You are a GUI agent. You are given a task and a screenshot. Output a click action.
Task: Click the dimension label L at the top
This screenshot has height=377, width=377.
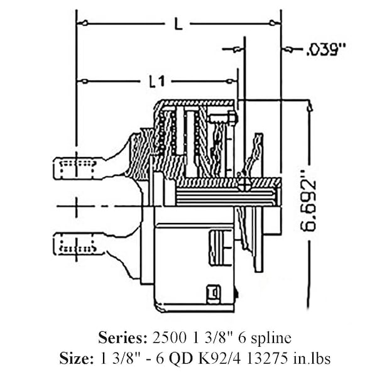(178, 24)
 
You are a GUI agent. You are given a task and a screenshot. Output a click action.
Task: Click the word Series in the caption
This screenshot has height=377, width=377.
(123, 338)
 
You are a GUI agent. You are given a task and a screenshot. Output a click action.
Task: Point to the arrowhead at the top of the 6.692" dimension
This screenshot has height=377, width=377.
(309, 107)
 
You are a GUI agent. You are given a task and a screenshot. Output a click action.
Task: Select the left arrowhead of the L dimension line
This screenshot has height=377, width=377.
(81, 23)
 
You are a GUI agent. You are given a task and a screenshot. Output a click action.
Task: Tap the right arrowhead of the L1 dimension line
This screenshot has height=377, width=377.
(233, 80)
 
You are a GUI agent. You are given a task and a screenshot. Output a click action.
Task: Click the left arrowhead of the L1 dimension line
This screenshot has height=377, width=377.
(81, 80)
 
